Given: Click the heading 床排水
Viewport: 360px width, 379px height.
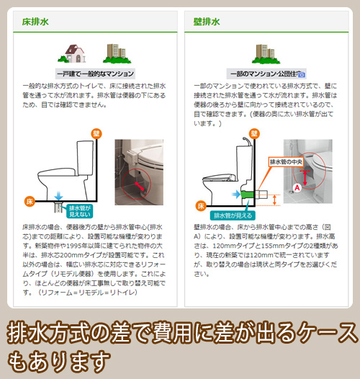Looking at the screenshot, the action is [35, 22].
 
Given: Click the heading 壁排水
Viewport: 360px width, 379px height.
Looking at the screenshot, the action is [207, 22].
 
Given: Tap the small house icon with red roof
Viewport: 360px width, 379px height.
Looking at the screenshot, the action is [72, 53].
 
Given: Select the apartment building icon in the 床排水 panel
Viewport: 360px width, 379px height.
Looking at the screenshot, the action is [117, 53].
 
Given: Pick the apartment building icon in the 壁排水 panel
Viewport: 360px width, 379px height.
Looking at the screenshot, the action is [266, 54].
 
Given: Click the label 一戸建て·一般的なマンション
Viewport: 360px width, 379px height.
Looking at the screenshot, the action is [95, 73].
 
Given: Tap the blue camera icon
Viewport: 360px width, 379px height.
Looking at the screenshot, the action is [302, 75].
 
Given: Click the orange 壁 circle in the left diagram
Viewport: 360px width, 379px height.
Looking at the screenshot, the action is [96, 134].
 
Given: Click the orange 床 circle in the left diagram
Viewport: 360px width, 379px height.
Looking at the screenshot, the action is [30, 201].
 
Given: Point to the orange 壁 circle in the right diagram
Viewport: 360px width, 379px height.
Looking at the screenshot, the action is [254, 134].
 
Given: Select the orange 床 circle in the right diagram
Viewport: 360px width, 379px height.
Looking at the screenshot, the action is [201, 206].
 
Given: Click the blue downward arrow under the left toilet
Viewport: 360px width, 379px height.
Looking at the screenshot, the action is [58, 195].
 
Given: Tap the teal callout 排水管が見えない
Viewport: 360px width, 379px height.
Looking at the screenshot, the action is [80, 211].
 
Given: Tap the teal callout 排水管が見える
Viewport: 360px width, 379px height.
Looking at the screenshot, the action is [233, 215].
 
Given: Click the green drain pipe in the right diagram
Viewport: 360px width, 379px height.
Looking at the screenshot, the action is [247, 195].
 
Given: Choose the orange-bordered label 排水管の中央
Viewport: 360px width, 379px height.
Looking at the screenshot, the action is [286, 162].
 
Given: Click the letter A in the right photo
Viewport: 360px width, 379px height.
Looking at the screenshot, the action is [297, 187].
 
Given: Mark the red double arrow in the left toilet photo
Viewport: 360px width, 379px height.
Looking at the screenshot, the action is [140, 186].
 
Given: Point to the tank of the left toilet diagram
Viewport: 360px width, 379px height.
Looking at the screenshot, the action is [85, 158].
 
